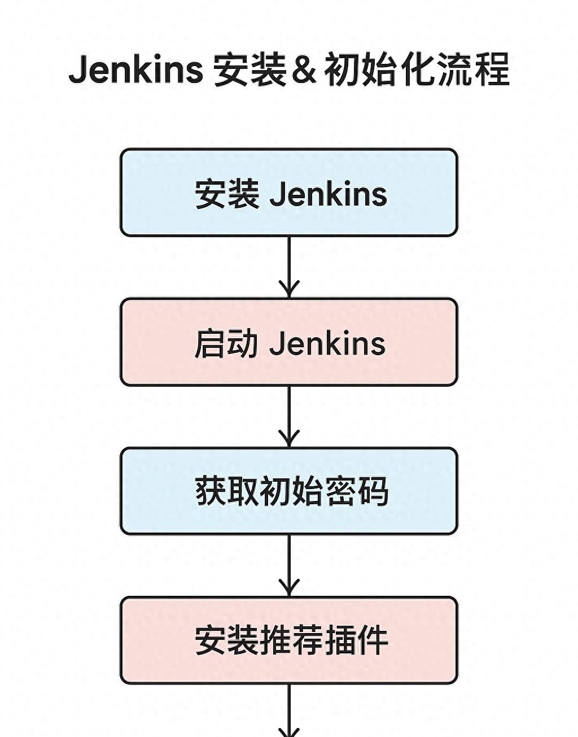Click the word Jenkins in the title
(x=135, y=69)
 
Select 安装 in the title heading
(x=249, y=69)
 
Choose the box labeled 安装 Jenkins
(x=288, y=192)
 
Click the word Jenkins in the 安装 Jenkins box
(x=329, y=194)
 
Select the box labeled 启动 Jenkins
(x=288, y=342)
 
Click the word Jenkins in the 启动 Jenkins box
(x=327, y=343)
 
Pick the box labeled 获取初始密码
(x=288, y=491)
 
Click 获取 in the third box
(x=227, y=491)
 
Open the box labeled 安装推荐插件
(x=288, y=640)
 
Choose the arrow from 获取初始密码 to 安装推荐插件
(x=289, y=565)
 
